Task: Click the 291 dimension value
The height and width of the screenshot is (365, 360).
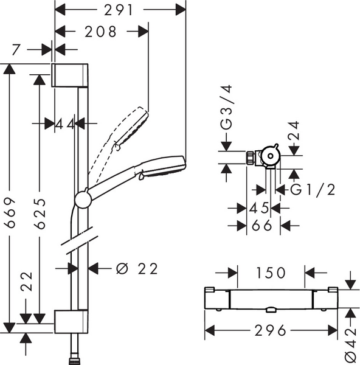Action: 118,10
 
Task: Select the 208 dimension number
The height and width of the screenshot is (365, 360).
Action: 100,32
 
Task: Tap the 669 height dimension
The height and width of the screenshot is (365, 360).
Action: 10,212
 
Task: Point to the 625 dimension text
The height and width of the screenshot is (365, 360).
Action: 40,214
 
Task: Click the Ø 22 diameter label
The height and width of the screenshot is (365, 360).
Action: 137,269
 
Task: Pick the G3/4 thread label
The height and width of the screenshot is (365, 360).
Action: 226,107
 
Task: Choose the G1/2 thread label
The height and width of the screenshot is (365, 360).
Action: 313,189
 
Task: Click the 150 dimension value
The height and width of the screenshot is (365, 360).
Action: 271,273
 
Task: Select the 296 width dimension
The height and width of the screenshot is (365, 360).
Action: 270,330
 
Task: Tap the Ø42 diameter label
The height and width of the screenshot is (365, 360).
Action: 351,345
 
